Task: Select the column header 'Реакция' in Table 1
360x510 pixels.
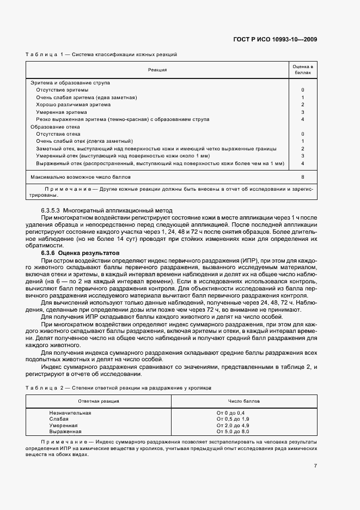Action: tap(157, 70)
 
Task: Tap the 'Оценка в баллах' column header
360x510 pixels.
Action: tap(302, 69)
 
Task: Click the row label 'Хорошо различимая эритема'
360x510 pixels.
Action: tap(73, 105)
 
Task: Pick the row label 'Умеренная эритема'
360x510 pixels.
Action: tap(62, 112)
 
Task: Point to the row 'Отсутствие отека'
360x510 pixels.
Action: tap(58, 133)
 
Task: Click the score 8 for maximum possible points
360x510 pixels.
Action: tap(302, 177)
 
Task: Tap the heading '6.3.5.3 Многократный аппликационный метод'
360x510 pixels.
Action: tap(106, 210)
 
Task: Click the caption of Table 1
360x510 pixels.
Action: tap(101, 54)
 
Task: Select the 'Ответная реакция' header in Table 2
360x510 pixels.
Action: tap(99, 401)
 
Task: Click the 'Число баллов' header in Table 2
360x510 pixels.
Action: tap(243, 401)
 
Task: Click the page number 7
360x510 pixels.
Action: tap(315, 465)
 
